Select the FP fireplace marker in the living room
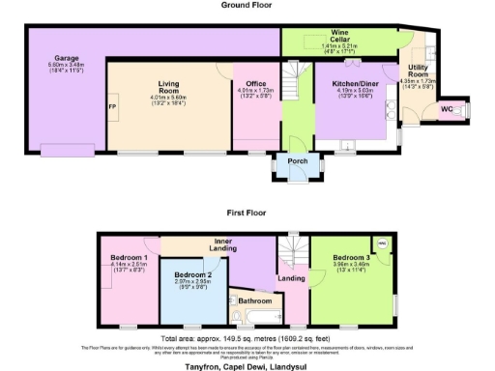coord(112,106)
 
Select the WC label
coord(446,108)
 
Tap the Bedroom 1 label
coord(128,258)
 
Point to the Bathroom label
coord(255,300)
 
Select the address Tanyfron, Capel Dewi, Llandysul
coord(247,366)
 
